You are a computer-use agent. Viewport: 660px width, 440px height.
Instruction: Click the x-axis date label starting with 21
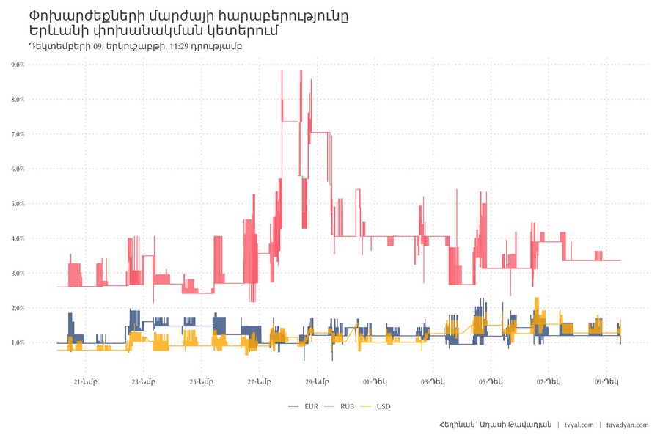[x=85, y=381]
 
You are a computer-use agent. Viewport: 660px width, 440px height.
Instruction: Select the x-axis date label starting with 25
[x=201, y=381]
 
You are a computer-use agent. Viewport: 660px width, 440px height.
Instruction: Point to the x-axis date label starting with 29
[x=317, y=381]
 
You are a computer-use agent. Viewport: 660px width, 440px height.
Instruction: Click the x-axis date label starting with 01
[x=375, y=381]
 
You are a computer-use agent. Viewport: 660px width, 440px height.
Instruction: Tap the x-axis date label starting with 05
[x=491, y=381]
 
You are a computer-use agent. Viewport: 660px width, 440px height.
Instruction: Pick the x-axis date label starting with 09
[x=606, y=381]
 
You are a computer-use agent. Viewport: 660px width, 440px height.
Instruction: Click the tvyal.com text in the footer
[x=579, y=425]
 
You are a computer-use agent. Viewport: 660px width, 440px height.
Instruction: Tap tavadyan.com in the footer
[x=628, y=425]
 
